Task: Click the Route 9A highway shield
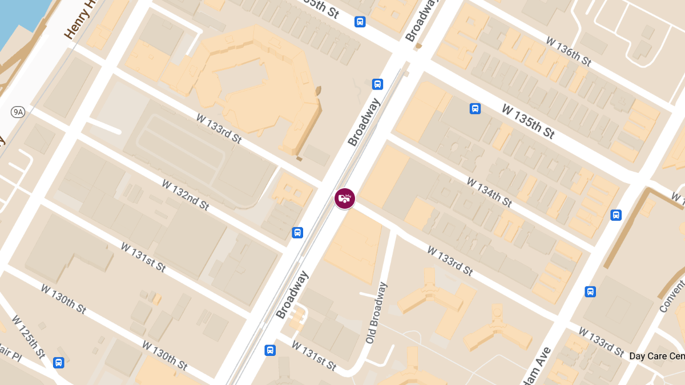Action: click(18, 112)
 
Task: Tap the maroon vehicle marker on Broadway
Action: click(345, 198)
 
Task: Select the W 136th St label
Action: click(568, 51)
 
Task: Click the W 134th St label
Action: click(489, 192)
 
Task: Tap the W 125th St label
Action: click(28, 337)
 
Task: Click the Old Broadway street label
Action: click(376, 313)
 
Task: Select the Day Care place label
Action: click(656, 356)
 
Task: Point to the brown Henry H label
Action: click(78, 21)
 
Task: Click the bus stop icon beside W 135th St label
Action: click(475, 108)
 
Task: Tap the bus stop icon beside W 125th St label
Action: click(58, 363)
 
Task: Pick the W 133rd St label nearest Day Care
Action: click(602, 342)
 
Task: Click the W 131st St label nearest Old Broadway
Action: click(313, 355)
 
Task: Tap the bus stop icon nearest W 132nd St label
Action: click(297, 232)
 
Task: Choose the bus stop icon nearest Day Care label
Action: click(590, 291)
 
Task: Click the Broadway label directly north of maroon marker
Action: click(364, 123)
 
